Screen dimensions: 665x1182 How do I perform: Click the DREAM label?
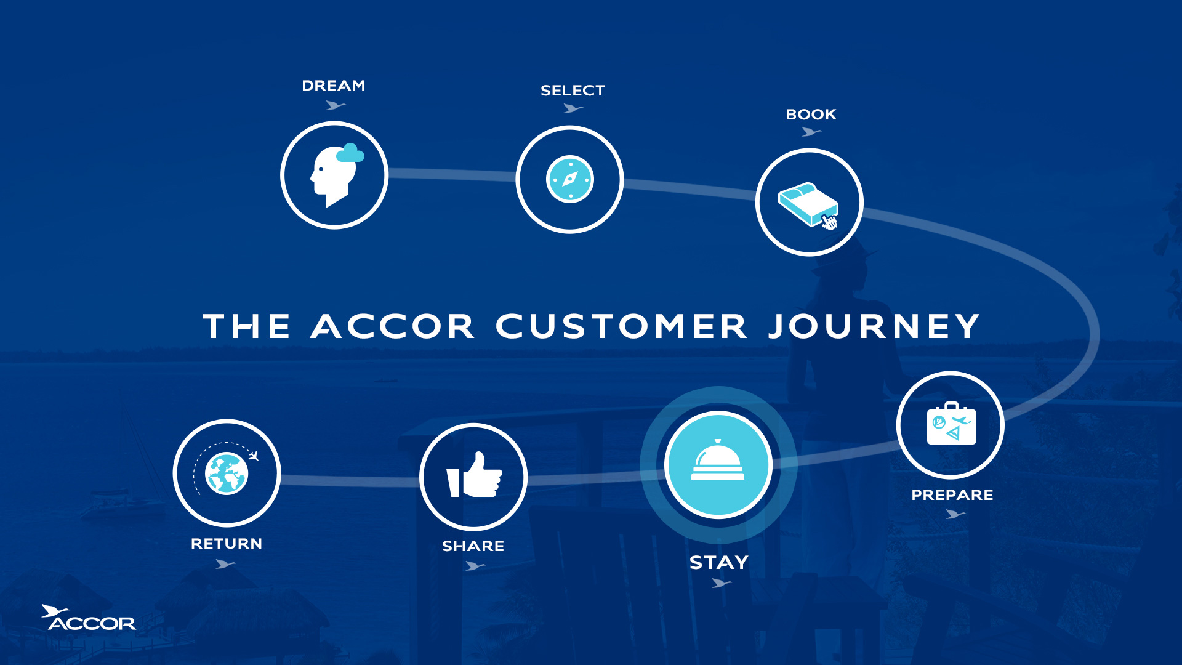(x=333, y=86)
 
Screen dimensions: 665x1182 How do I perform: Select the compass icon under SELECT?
(x=570, y=179)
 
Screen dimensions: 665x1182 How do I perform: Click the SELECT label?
(x=573, y=91)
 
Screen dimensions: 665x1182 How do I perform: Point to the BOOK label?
(x=811, y=115)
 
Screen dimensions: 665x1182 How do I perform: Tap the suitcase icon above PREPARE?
(x=951, y=424)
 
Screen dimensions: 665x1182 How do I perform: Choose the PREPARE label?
(x=952, y=495)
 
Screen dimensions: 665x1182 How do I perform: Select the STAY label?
(x=718, y=562)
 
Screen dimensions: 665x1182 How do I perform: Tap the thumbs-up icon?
(x=474, y=475)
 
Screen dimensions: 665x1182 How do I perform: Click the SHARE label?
(x=473, y=546)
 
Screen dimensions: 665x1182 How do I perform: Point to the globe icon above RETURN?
(x=226, y=474)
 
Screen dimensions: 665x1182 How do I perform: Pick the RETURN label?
(x=227, y=544)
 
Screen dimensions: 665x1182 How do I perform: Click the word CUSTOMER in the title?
(x=622, y=326)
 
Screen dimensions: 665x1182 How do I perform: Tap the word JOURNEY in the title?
(x=874, y=326)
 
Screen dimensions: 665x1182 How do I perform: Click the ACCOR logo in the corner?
(x=89, y=618)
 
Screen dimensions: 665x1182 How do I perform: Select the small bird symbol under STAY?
(x=721, y=582)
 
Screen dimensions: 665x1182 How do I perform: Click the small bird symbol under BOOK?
(x=811, y=132)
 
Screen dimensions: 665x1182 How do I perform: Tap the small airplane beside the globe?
(x=253, y=456)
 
